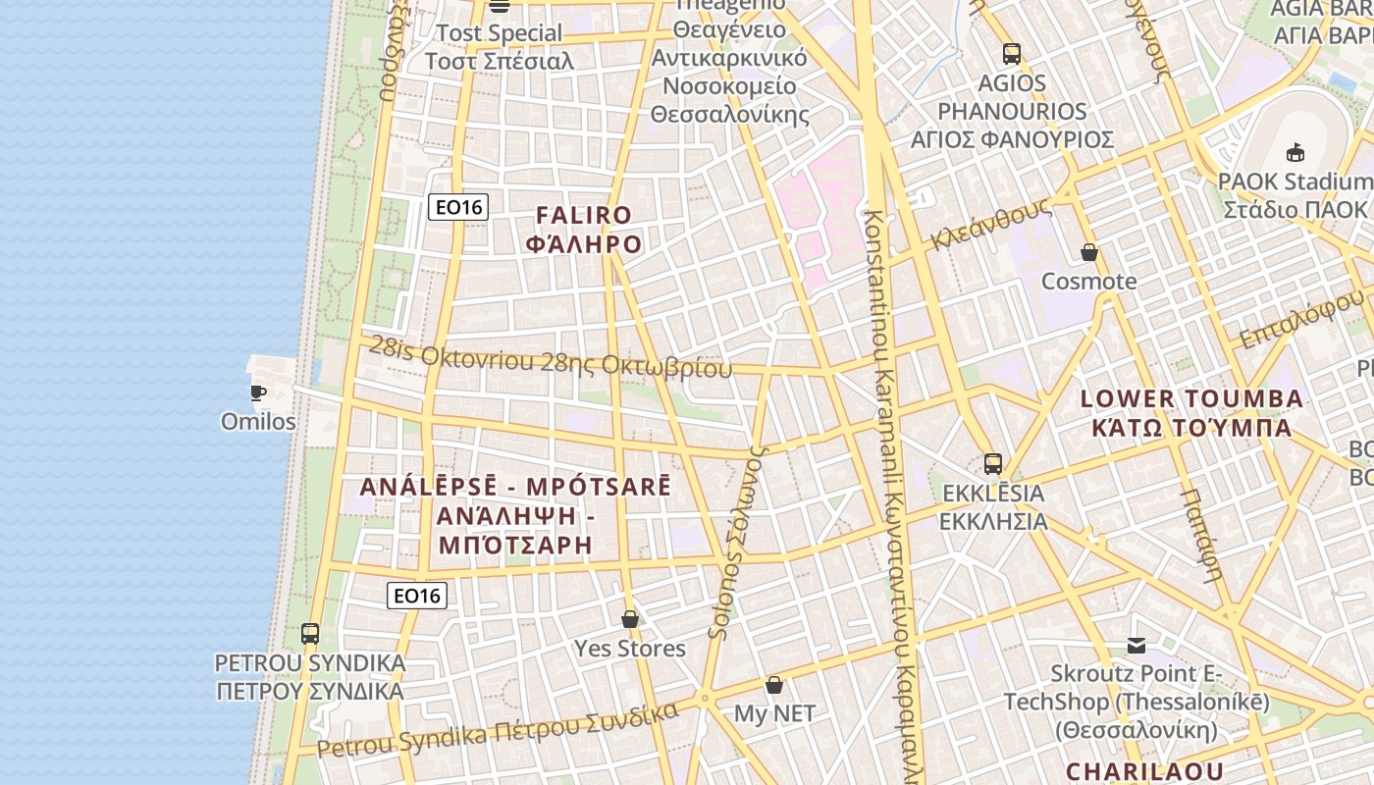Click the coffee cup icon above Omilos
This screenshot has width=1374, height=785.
pyautogui.click(x=258, y=393)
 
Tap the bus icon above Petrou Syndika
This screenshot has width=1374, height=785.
pyautogui.click(x=310, y=634)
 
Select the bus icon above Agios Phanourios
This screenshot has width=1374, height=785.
pyautogui.click(x=1012, y=54)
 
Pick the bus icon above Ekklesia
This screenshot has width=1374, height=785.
pyautogui.click(x=993, y=464)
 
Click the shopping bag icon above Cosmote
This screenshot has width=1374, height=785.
pyautogui.click(x=1089, y=253)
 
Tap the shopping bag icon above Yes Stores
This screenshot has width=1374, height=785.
pyautogui.click(x=630, y=620)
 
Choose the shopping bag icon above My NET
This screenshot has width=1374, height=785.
pyautogui.click(x=774, y=685)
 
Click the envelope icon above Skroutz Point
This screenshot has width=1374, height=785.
pyautogui.click(x=1136, y=646)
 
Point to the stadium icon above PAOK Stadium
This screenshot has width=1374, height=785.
pyautogui.click(x=1295, y=153)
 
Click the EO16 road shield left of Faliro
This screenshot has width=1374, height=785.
pyautogui.click(x=458, y=207)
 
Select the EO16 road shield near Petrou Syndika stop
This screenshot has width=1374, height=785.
pyautogui.click(x=417, y=596)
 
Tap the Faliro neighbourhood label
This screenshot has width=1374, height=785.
pyautogui.click(x=584, y=230)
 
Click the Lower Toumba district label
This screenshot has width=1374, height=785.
pyautogui.click(x=1191, y=413)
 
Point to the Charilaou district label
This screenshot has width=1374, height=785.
pyautogui.click(x=1144, y=771)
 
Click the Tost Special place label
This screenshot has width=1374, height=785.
pyautogui.click(x=499, y=47)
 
